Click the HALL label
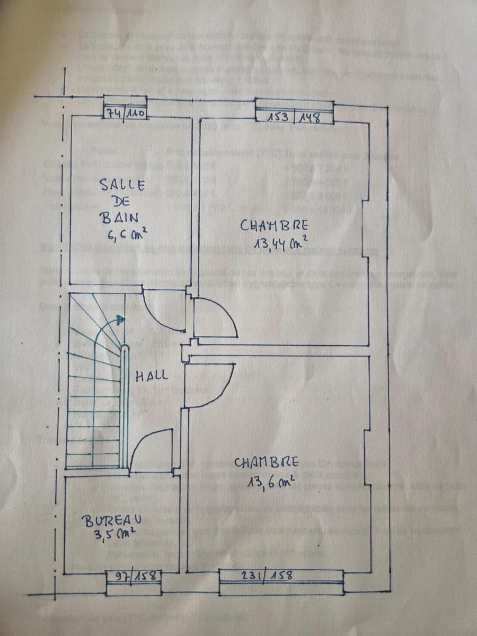pyautogui.click(x=152, y=376)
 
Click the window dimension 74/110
pyautogui.click(x=124, y=113)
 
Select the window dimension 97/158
pyautogui.click(x=132, y=575)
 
